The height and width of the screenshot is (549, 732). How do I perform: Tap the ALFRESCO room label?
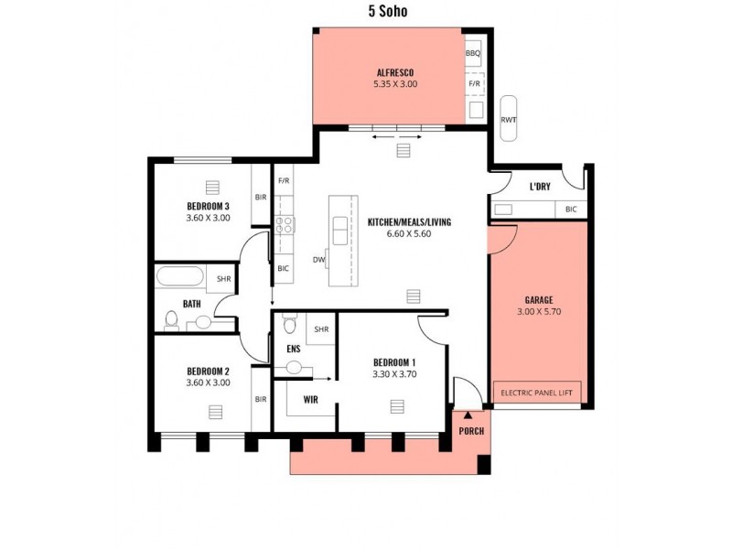click(x=395, y=71)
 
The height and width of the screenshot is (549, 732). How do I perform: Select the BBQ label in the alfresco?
click(x=472, y=53)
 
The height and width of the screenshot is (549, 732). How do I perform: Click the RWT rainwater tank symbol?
click(x=508, y=118)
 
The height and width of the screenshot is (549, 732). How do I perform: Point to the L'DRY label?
click(x=540, y=187)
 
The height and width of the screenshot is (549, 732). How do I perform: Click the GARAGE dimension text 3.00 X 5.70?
click(x=538, y=312)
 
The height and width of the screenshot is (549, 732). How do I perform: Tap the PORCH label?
click(x=471, y=431)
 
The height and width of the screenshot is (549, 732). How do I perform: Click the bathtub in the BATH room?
click(x=181, y=277)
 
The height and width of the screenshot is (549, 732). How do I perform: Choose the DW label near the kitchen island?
click(x=319, y=260)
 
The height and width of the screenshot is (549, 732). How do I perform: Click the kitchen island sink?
click(x=341, y=231)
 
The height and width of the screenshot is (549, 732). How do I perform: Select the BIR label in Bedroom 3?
click(x=261, y=197)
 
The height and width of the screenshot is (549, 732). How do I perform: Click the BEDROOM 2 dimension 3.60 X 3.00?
click(x=208, y=382)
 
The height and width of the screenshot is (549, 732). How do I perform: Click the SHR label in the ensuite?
click(x=321, y=329)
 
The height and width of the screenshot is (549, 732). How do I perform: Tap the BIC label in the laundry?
click(x=571, y=210)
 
